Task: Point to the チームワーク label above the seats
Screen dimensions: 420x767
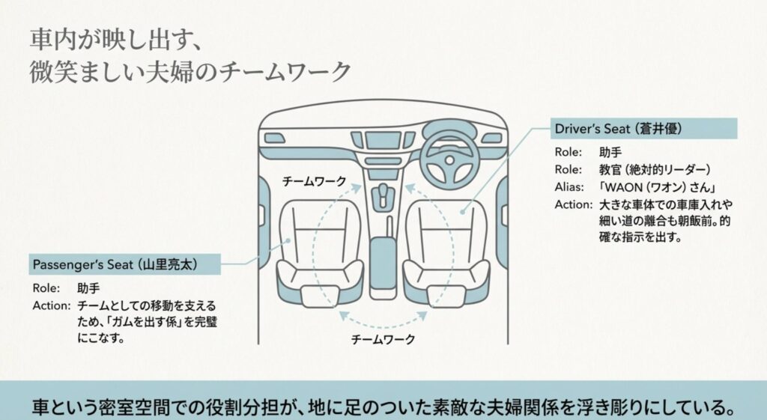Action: tap(314, 182)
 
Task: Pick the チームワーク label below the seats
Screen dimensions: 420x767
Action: tap(383, 338)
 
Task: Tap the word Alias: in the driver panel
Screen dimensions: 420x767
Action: tap(569, 187)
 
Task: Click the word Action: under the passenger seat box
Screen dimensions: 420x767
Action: tap(52, 305)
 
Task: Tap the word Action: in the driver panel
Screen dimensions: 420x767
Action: tap(573, 205)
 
